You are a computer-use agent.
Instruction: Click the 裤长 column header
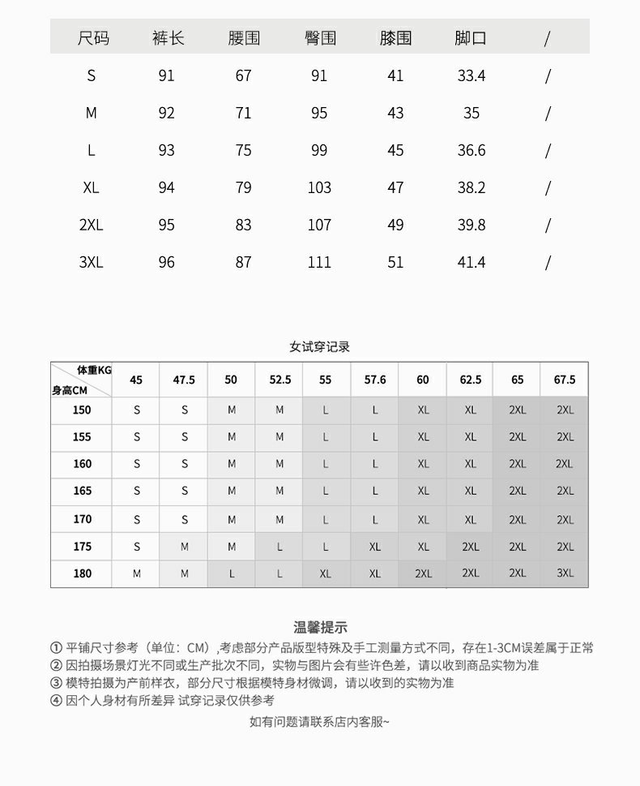click(168, 38)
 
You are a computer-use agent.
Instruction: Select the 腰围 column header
click(244, 38)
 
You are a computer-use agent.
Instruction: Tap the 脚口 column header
click(471, 38)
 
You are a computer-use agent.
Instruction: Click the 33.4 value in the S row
click(471, 76)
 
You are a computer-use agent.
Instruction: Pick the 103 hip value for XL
click(319, 188)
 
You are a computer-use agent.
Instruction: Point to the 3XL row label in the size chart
click(91, 263)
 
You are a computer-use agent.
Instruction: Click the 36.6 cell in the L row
click(471, 151)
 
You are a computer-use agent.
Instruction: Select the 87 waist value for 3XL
click(244, 263)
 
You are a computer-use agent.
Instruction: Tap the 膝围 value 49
click(395, 225)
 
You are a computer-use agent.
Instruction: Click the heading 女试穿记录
click(320, 347)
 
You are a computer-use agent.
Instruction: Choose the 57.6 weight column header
click(375, 380)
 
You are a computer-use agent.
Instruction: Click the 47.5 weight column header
click(184, 380)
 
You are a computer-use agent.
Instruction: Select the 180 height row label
click(82, 573)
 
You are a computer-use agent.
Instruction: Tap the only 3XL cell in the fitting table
click(565, 573)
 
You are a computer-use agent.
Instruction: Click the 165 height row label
click(82, 491)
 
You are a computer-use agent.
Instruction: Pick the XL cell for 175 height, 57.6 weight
click(375, 547)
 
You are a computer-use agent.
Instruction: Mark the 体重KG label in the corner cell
click(94, 371)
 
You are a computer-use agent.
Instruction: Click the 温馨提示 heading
click(320, 627)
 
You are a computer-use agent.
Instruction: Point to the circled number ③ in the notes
click(56, 683)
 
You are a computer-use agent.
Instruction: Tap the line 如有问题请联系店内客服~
click(319, 722)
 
